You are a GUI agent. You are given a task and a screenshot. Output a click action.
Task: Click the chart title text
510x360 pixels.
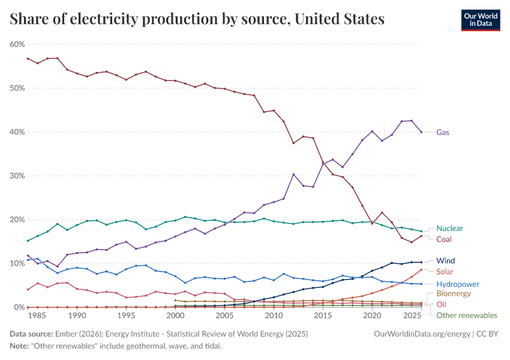pos(197,19)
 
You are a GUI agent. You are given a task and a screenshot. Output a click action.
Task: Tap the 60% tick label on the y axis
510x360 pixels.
pos(17,44)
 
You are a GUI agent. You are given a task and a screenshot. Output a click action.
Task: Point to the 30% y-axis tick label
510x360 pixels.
pos(17,176)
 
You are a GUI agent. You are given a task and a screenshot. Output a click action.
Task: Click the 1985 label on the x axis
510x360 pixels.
pos(38,316)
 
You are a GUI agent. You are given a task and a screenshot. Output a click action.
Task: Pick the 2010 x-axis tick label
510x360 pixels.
pos(274,316)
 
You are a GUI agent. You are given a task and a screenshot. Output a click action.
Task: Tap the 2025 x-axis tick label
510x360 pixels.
pos(412,316)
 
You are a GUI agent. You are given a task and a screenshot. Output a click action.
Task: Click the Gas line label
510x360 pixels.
pos(443,132)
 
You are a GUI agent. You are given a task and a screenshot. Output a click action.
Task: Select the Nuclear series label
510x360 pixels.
pos(449,229)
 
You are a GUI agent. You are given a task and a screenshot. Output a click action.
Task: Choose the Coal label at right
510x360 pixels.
pos(445,239)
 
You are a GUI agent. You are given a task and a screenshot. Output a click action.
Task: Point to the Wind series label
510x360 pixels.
pos(445,261)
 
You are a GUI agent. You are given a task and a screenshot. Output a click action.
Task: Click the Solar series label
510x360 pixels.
pos(445,272)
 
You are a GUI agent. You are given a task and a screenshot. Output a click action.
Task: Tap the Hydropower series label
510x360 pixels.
pos(458,284)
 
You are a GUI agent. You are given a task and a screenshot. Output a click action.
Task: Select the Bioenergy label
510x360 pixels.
pos(454,294)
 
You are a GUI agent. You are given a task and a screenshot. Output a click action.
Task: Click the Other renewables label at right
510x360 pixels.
pos(466,315)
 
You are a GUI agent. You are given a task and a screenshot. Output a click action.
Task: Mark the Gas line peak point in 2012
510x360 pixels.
pos(293,175)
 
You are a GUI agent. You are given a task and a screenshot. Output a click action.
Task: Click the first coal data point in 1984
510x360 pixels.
pos(28,58)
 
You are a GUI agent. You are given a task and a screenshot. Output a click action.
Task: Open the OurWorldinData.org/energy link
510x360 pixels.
pos(419,333)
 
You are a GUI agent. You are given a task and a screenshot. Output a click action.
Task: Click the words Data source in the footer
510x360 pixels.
pos(31,333)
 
